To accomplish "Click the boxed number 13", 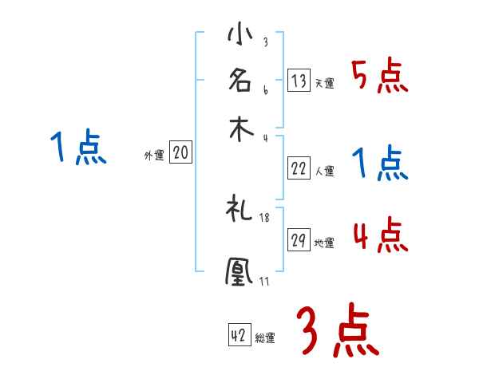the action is point(299,81).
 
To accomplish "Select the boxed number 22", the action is point(299,168).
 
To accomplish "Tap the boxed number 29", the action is point(299,241).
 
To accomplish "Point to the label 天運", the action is point(324,83).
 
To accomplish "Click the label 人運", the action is point(324,171).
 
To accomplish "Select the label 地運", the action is point(324,243).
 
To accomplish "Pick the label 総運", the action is point(265,337).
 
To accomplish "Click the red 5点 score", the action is point(379,77).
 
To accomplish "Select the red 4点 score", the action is point(380,237).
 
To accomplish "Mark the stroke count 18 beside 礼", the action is point(264,218).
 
